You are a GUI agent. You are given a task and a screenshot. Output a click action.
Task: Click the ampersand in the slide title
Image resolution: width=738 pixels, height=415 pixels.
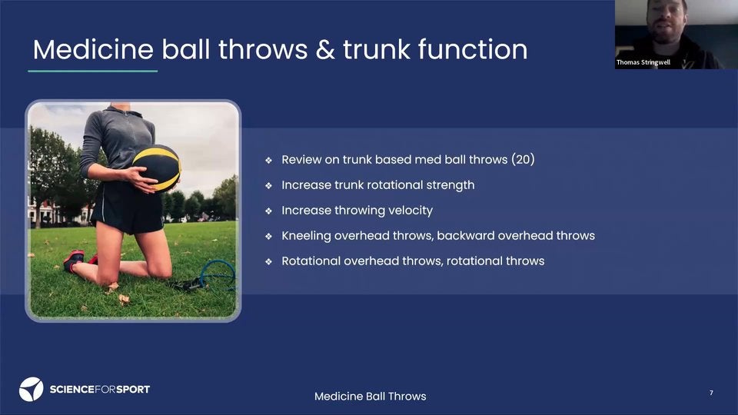325,50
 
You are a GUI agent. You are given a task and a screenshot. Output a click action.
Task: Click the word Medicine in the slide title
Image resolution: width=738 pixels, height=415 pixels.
93,49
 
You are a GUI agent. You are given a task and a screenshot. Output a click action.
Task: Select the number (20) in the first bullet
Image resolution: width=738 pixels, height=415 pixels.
523,160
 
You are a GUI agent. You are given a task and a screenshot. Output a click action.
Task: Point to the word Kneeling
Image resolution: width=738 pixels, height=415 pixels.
307,236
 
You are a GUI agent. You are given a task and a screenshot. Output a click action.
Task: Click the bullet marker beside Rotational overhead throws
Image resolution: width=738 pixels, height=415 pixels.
268,261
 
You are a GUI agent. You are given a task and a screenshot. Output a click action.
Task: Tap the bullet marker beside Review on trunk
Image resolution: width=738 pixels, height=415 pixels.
268,161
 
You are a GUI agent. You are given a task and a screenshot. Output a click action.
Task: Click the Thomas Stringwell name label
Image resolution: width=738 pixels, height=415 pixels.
643,62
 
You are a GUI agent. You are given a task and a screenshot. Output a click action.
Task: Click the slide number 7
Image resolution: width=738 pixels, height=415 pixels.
711,393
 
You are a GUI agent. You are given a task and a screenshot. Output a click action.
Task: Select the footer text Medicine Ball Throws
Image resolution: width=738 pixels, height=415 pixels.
371,397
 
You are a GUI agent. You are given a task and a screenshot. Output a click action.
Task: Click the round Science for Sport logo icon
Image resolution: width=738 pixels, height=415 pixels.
31,389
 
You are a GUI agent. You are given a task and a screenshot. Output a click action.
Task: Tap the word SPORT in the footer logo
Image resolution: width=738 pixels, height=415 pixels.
133,389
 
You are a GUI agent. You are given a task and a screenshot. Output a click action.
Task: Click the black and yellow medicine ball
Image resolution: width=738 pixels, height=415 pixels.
157,168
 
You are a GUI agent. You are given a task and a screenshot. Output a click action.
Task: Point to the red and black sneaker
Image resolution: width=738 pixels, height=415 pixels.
74,261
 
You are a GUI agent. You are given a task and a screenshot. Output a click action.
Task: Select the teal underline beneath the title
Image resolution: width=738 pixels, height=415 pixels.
93,71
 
